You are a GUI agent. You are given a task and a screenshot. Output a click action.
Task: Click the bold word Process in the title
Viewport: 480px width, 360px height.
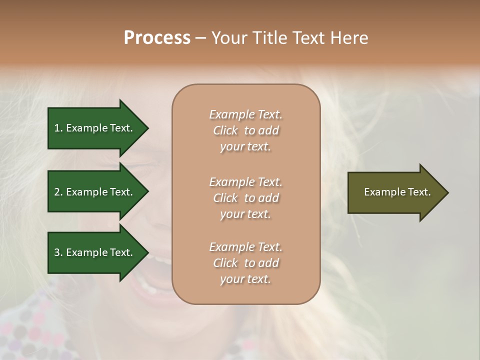pyautogui.click(x=157, y=38)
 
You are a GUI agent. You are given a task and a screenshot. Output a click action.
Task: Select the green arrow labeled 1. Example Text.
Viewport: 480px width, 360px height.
pyautogui.click(x=95, y=128)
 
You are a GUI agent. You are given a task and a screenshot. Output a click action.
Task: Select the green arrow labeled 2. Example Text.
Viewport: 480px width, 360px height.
pyautogui.click(x=95, y=192)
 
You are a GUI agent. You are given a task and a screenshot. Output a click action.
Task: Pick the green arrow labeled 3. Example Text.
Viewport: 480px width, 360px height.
pyautogui.click(x=95, y=252)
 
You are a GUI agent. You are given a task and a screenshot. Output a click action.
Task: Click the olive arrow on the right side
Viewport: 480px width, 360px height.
pyautogui.click(x=395, y=192)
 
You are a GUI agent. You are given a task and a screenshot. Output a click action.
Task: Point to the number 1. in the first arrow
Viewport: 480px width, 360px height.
pyautogui.click(x=58, y=128)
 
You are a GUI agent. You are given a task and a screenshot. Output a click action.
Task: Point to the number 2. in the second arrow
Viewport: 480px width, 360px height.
pyautogui.click(x=58, y=192)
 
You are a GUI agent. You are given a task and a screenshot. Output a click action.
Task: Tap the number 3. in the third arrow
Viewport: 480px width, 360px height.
pyautogui.click(x=58, y=252)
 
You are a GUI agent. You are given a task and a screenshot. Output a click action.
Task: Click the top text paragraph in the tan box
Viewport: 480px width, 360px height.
pyautogui.click(x=245, y=130)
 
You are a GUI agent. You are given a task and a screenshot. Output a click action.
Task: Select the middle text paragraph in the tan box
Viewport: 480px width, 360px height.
pyautogui.click(x=245, y=197)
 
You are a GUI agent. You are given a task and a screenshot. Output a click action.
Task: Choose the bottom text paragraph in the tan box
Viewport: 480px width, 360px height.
pyautogui.click(x=245, y=262)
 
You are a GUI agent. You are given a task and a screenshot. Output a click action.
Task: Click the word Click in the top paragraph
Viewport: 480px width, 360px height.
pyautogui.click(x=225, y=130)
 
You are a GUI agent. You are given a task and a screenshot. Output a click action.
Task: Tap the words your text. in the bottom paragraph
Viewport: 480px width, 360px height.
pyautogui.click(x=245, y=279)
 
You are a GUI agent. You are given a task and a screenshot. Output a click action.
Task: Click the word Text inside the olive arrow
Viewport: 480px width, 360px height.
pyautogui.click(x=418, y=192)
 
